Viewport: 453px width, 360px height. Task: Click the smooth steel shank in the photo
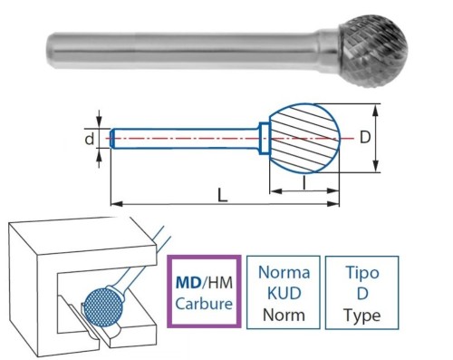pos(181,43)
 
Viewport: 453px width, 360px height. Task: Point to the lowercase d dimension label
pos(89,139)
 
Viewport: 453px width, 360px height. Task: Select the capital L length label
pos(222,193)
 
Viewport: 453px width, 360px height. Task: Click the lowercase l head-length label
pos(304,184)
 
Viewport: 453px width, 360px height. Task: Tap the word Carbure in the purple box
pos(203,304)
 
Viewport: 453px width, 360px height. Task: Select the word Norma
pos(284,273)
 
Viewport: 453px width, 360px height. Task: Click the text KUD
pos(284,294)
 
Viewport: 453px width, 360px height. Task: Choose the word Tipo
pos(362,273)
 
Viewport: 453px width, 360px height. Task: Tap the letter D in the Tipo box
pos(362,294)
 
